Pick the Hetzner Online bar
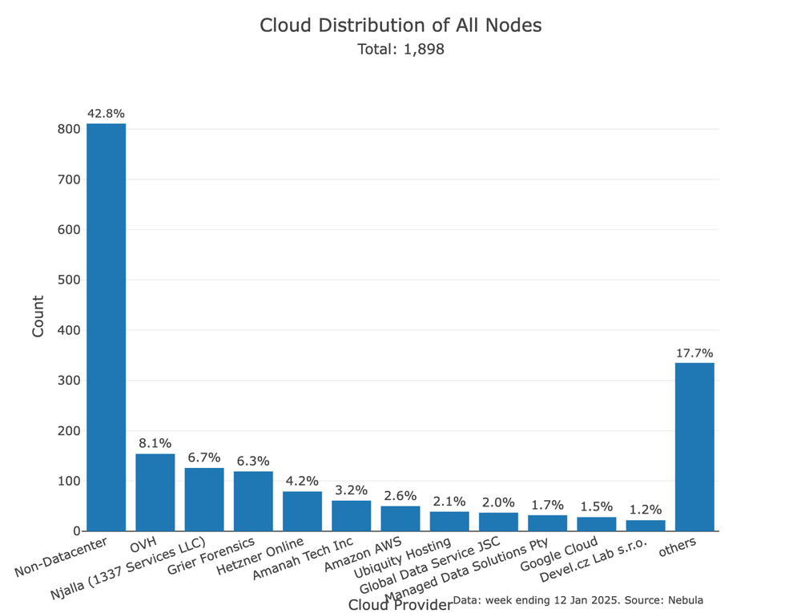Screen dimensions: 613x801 (302, 511)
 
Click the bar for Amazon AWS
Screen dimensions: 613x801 (400, 518)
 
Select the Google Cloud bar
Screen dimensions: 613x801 (597, 524)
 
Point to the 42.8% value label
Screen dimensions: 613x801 (106, 114)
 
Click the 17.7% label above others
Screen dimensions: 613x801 (694, 353)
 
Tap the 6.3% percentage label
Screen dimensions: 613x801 (253, 461)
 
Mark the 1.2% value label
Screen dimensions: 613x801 (646, 510)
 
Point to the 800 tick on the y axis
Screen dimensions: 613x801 (69, 129)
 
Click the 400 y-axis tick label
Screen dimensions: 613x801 (69, 330)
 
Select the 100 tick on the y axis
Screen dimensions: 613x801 (69, 481)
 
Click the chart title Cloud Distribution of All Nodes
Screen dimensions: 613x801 (400, 26)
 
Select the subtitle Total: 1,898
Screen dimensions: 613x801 (400, 50)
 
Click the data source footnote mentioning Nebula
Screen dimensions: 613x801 (578, 599)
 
